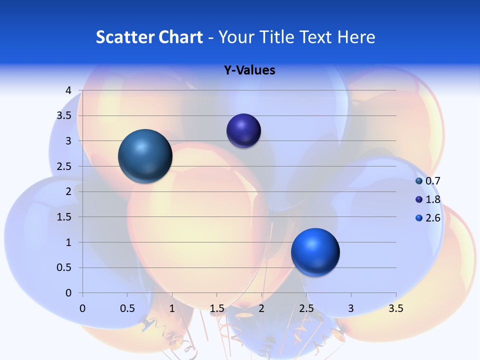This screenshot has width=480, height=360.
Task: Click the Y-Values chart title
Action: (249, 70)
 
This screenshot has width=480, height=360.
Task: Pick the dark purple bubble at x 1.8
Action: (243, 131)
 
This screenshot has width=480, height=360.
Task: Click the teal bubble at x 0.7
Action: (145, 156)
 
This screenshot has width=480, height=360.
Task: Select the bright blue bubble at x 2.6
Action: (315, 252)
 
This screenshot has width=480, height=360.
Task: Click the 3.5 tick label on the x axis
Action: (396, 308)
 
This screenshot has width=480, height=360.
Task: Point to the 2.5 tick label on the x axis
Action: (306, 308)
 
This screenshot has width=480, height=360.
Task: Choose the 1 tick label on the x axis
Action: (172, 308)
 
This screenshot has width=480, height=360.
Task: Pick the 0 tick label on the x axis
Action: (82, 308)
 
